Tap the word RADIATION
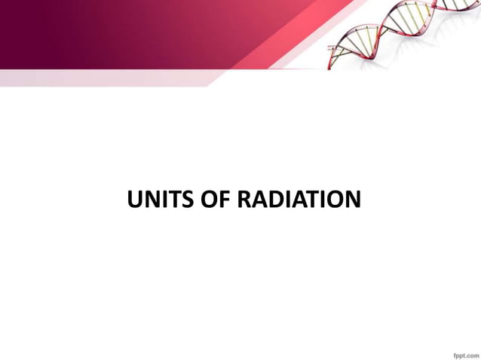(x=299, y=200)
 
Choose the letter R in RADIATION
(x=245, y=200)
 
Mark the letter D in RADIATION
(x=276, y=200)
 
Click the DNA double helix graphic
(x=400, y=34)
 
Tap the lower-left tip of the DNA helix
(x=332, y=65)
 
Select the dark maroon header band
(x=90, y=30)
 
